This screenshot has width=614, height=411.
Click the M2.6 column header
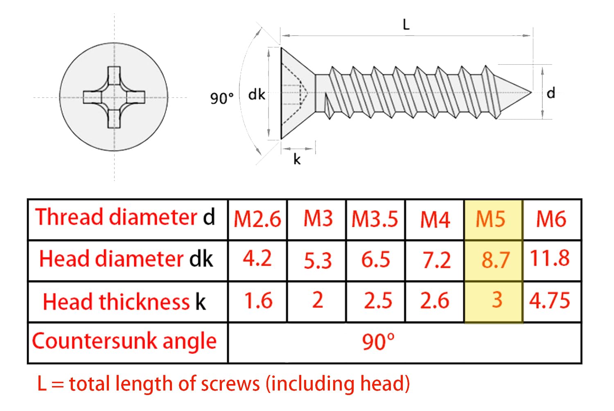(x=257, y=219)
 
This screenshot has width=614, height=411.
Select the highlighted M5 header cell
(x=493, y=219)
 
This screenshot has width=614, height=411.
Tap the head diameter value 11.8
(x=550, y=258)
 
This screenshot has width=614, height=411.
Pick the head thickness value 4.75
(x=550, y=300)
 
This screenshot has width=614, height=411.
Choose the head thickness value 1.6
(x=258, y=300)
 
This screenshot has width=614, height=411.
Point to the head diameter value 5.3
(x=318, y=260)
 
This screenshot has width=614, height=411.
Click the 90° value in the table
(x=378, y=342)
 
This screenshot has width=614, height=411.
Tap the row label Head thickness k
(x=124, y=301)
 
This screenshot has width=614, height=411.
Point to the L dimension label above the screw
(x=406, y=25)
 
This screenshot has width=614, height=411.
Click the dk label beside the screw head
(x=257, y=95)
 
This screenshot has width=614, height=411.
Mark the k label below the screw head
(x=297, y=159)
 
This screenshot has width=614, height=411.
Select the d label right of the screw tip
(x=551, y=93)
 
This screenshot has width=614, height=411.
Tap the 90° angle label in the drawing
(x=222, y=98)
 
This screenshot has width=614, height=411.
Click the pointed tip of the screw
(x=531, y=93)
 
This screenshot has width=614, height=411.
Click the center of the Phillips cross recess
(x=114, y=97)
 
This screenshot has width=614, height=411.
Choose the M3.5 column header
(x=375, y=219)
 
